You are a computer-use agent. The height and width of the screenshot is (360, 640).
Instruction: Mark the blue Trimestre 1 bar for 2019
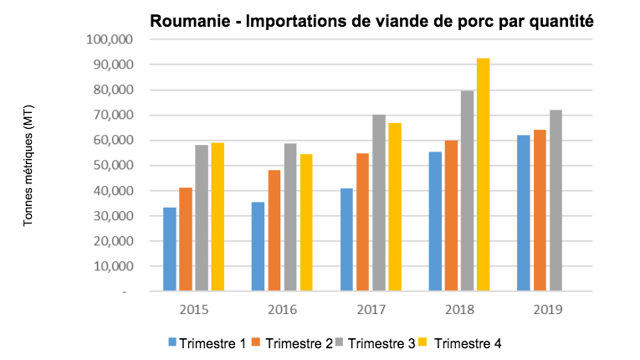tap(524, 213)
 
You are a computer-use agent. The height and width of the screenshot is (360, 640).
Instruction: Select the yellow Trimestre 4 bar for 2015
tap(218, 217)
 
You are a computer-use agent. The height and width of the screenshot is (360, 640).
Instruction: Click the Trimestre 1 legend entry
tap(207, 342)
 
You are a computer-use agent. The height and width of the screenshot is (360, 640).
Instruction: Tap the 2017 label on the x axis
tap(371, 310)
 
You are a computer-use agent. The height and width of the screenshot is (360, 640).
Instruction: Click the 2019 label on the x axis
tap(547, 310)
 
